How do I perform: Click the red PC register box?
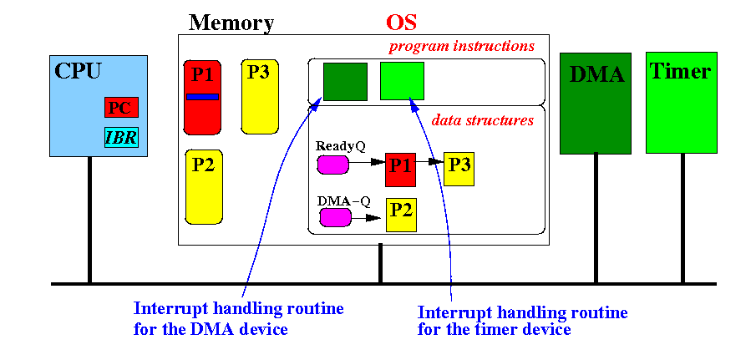click(121, 108)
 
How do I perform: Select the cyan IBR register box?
click(121, 138)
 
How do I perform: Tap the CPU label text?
click(78, 71)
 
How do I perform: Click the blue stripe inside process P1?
click(202, 97)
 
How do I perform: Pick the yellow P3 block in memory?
click(260, 96)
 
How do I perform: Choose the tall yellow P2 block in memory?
click(204, 186)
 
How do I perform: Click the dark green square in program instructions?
click(345, 82)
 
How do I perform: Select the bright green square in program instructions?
click(402, 81)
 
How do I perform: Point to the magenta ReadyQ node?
click(332, 165)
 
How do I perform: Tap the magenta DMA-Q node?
click(336, 217)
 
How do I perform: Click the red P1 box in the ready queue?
click(400, 170)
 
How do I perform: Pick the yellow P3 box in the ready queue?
click(459, 170)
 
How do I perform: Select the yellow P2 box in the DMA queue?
click(401, 215)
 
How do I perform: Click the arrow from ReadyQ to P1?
click(367, 164)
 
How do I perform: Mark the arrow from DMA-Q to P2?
click(367, 218)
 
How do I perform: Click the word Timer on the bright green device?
click(680, 71)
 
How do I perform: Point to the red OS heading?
click(401, 22)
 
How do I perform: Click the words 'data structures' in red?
click(482, 120)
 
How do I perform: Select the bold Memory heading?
click(231, 23)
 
